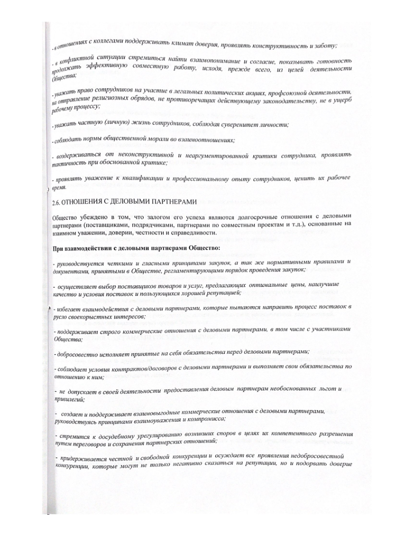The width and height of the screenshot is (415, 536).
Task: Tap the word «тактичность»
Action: coord(72,164)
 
